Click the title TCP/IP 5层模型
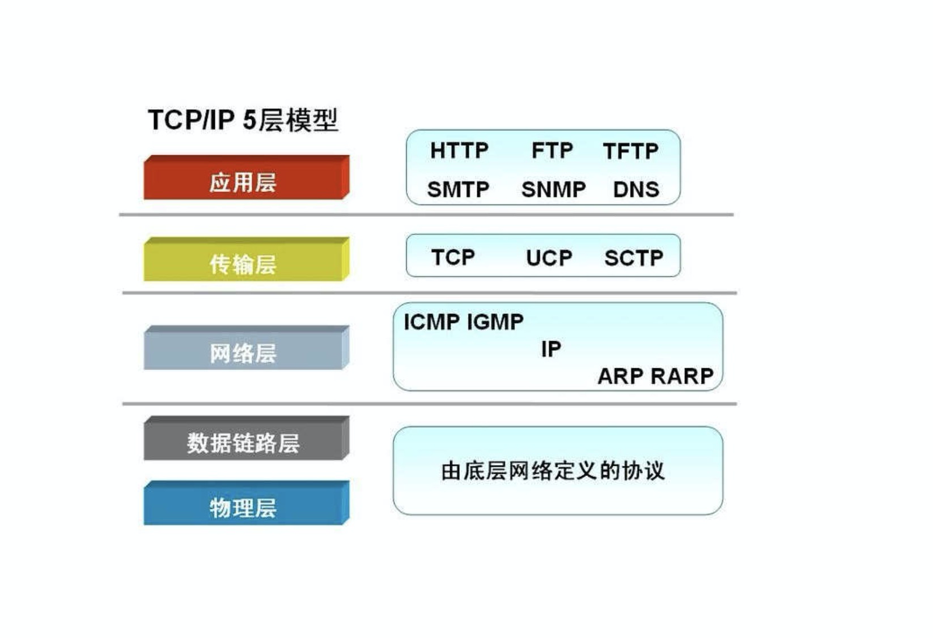[x=243, y=120]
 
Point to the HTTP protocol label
[x=459, y=151]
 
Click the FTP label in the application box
[x=552, y=151]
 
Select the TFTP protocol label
[x=630, y=151]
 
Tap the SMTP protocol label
[x=458, y=189]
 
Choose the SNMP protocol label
[x=553, y=189]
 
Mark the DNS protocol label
[x=636, y=189]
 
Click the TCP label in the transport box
[x=453, y=257]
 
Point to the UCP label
[x=549, y=258]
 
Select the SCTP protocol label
[x=634, y=258]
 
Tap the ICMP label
[x=431, y=322]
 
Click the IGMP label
[x=495, y=322]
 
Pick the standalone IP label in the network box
[x=551, y=349]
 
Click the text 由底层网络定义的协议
[x=552, y=471]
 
